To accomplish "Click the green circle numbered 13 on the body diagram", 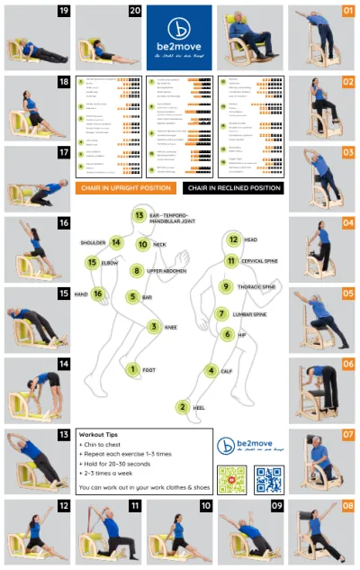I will coord(139,216).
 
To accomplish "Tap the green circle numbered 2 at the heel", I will coord(183,407).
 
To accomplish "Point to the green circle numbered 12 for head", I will coord(233,240).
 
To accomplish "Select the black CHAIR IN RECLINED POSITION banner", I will coord(233,188).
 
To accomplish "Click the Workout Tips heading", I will coord(103,433).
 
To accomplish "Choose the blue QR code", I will coord(269,479).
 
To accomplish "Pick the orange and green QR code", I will coord(232,479).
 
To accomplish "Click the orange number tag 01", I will coord(347,12).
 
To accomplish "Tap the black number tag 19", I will coord(64,12).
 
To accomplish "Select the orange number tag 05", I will coord(347,294).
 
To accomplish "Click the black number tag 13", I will coord(64,435).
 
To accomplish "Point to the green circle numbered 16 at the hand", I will coord(98,294).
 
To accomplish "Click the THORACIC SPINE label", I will coord(257,287).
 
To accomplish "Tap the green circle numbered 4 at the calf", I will coord(211,370).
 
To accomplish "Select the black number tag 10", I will coord(205,506).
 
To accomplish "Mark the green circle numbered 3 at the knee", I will coord(154,328).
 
